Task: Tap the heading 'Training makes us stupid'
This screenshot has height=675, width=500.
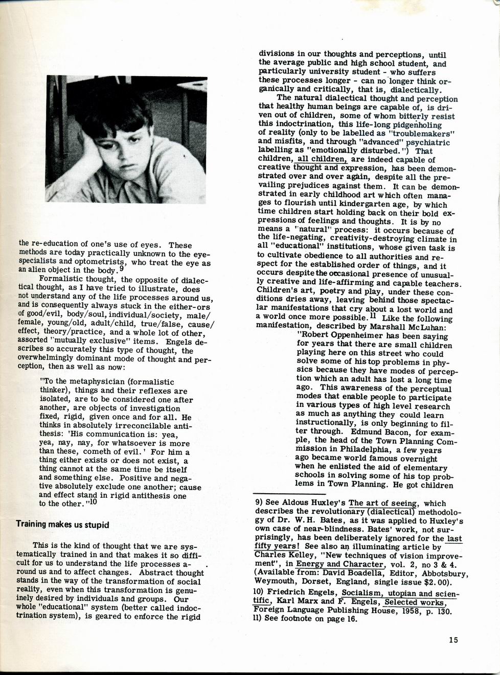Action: click(62, 524)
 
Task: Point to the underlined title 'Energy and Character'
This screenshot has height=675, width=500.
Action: click(340, 564)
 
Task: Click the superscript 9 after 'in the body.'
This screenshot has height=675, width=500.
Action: click(121, 268)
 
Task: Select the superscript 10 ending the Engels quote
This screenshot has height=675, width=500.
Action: click(93, 501)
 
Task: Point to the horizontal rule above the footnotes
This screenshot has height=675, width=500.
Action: click(289, 494)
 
